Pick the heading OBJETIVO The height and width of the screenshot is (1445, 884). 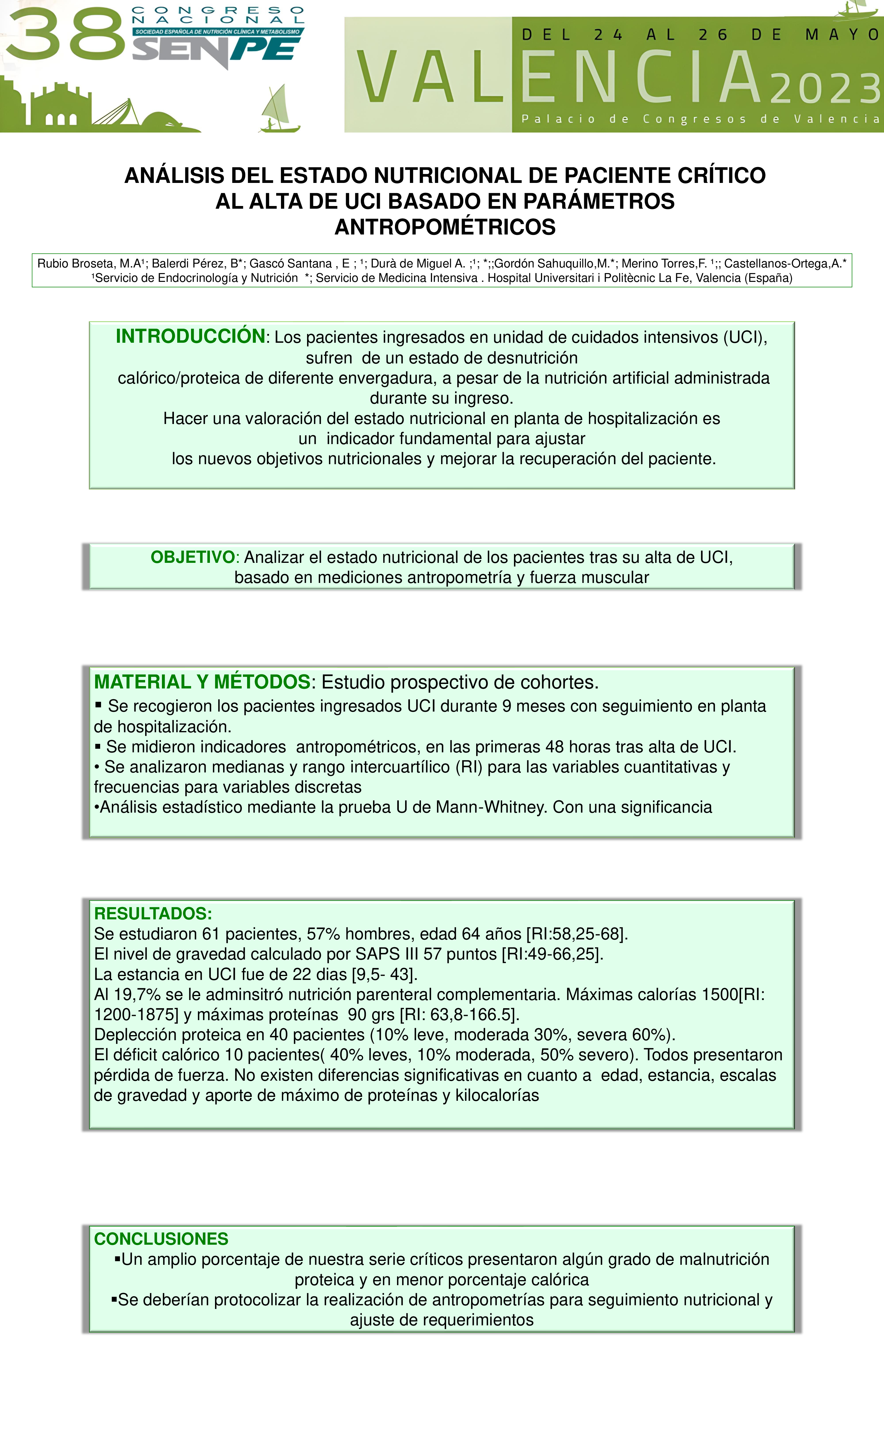[193, 557]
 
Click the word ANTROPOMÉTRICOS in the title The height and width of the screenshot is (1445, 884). [445, 227]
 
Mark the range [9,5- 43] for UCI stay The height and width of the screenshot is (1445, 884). [384, 974]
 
